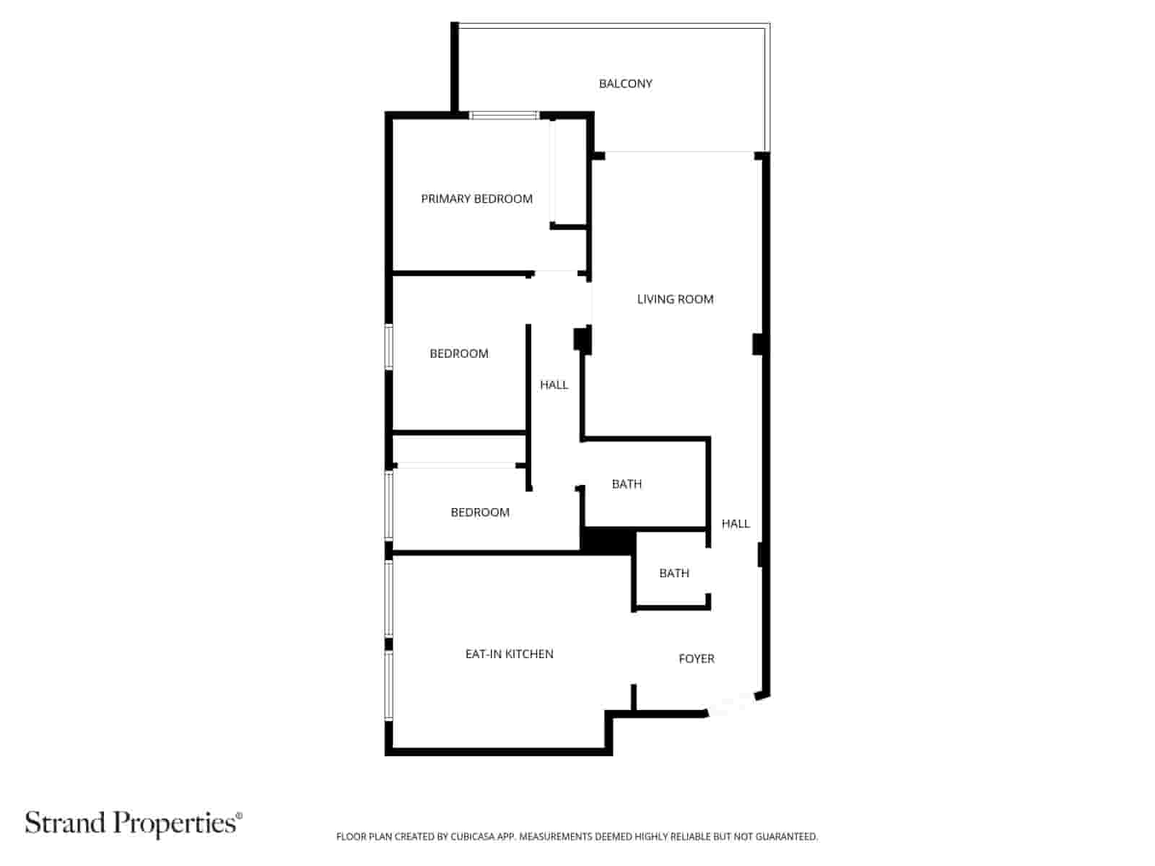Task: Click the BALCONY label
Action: pos(625,84)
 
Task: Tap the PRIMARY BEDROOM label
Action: pos(476,198)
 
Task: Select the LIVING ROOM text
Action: pos(675,299)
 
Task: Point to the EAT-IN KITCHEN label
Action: pos(509,654)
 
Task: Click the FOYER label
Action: pos(696,658)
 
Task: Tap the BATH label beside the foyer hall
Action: pos(674,573)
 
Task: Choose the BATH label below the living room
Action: pos(627,484)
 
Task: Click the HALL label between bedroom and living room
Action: pos(554,385)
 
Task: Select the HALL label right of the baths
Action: pos(735,523)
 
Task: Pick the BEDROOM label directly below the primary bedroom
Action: pos(458,354)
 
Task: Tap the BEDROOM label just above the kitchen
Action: pos(479,512)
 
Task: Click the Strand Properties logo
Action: pos(134,823)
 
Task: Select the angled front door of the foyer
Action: pos(732,704)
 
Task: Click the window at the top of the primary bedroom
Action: pos(504,115)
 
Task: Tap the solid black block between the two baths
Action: pos(608,541)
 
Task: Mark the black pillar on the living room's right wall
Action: pos(758,344)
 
